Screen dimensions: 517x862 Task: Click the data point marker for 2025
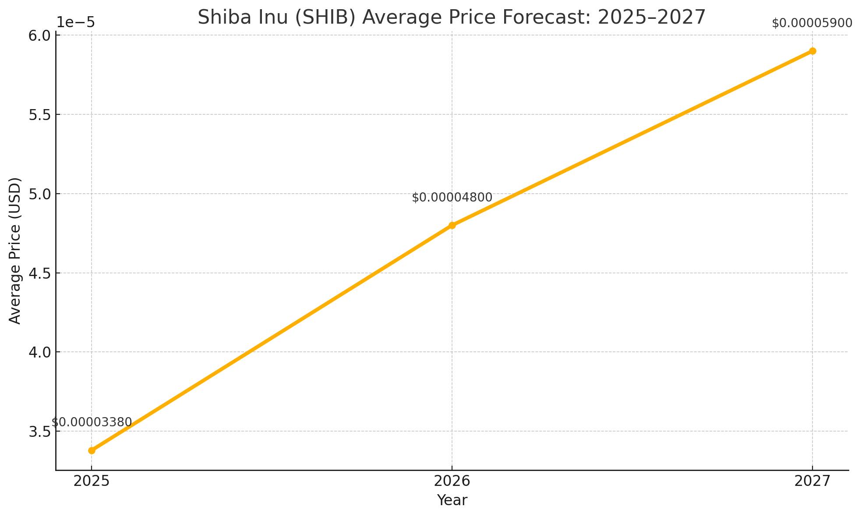point(92,450)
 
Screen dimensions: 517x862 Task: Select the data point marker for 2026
point(452,225)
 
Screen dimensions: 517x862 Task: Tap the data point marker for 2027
point(813,51)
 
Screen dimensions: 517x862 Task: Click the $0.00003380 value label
point(92,422)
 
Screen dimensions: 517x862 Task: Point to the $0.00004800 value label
point(452,198)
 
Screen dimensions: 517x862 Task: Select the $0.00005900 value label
point(812,23)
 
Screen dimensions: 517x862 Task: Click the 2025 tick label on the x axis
point(92,482)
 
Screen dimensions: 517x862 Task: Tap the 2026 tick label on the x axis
point(452,482)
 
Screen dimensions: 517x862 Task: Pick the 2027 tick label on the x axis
point(813,482)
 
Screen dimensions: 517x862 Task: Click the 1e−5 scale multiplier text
point(76,22)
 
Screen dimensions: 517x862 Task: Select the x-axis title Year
point(452,500)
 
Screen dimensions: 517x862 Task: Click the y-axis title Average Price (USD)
point(15,251)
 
